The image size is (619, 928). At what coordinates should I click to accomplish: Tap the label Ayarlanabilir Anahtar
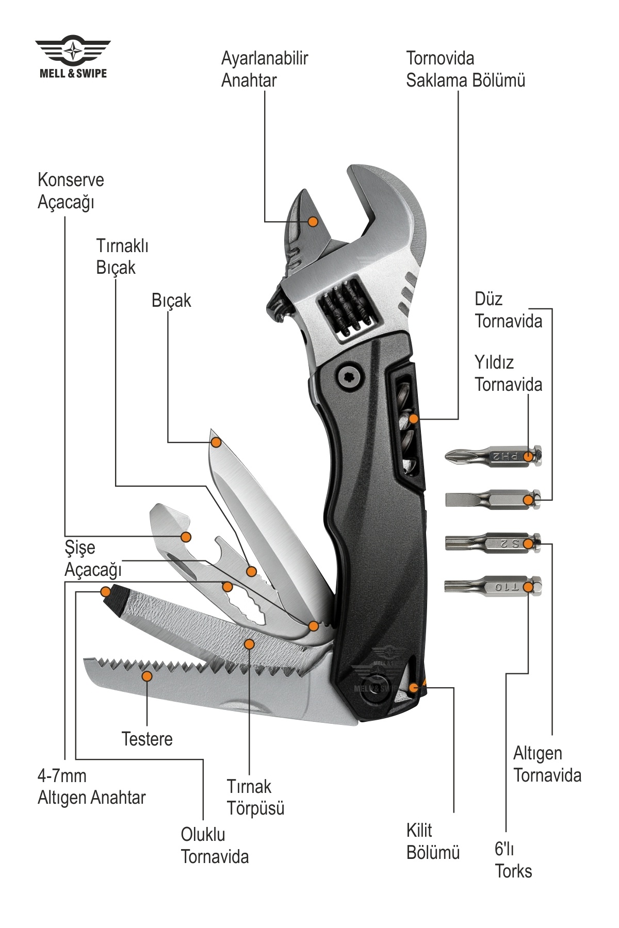[x=264, y=69]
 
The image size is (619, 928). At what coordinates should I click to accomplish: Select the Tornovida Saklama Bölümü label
[x=465, y=69]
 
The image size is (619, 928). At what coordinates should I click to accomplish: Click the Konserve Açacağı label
[x=71, y=191]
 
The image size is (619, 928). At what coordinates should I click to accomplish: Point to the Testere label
[x=147, y=739]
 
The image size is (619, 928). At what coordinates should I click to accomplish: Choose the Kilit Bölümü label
[x=433, y=841]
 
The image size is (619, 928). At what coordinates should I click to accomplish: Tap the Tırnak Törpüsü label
[x=255, y=797]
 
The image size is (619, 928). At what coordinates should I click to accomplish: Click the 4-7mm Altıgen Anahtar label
[x=91, y=787]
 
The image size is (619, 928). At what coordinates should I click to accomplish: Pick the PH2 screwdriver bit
[x=493, y=456]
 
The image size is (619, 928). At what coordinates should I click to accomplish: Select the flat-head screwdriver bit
[x=493, y=499]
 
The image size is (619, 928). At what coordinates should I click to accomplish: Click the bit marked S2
[x=493, y=543]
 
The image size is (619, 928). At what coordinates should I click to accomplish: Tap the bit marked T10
[x=493, y=587]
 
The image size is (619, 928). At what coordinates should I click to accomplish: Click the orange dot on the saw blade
[x=148, y=676]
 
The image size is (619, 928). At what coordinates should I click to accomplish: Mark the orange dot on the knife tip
[x=217, y=442]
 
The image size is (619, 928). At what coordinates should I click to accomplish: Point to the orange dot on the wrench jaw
[x=313, y=221]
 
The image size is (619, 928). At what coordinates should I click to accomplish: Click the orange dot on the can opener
[x=186, y=537]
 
